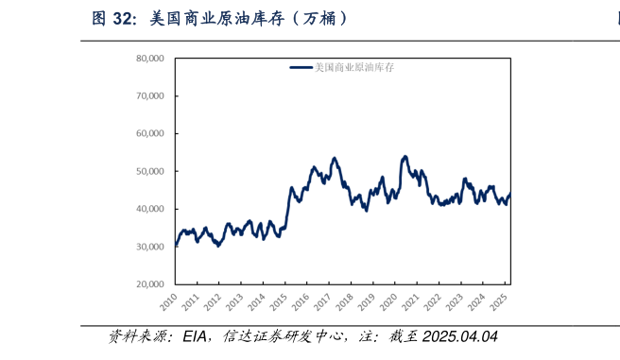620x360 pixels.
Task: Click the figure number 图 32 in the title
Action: point(114,18)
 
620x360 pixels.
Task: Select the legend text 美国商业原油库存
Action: point(353,68)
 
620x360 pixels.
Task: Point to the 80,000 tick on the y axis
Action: point(150,59)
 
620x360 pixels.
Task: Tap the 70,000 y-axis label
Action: point(150,96)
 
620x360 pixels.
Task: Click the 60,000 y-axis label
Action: point(150,133)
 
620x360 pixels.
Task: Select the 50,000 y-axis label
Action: point(150,171)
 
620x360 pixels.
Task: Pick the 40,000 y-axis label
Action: point(150,209)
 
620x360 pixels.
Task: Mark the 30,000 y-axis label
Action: point(150,247)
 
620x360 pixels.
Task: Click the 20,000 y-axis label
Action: point(150,284)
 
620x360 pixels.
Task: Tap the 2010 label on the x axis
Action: point(169,303)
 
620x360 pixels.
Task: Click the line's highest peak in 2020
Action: point(405,156)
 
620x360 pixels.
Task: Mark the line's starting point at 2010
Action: point(176,245)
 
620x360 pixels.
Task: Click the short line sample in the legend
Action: point(301,68)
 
